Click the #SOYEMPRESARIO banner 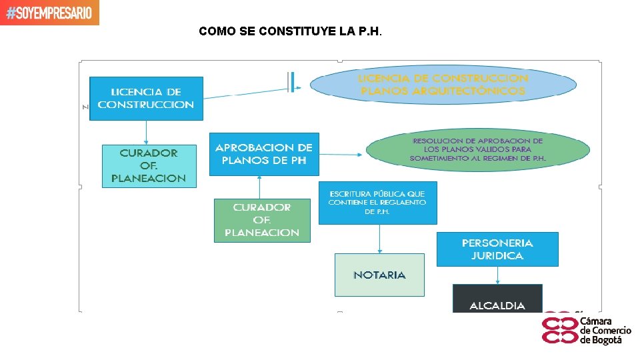49,13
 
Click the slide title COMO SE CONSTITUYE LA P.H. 290,31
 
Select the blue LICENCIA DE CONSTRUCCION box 146,98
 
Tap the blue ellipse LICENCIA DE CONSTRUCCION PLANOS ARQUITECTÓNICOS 443,85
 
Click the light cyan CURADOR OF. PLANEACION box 149,165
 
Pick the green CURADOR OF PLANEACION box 262,220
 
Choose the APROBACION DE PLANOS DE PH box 264,154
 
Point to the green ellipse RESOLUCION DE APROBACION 477,150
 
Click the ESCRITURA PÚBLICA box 377,202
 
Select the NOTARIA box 379,275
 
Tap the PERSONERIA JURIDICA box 497,249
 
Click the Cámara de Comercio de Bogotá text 605,331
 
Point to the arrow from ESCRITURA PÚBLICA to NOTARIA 379,239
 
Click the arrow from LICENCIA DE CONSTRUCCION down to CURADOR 146,132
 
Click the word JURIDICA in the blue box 497,255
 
